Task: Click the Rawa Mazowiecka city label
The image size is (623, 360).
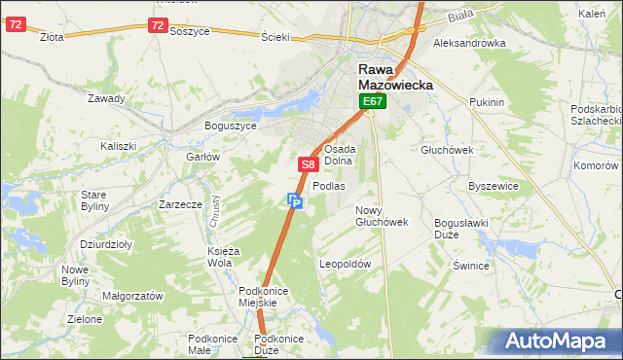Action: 395,77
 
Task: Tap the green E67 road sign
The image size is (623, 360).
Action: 373,101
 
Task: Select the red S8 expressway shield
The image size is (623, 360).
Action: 308,165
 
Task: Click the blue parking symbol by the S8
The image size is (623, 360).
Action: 295,201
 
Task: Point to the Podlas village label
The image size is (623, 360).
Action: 329,186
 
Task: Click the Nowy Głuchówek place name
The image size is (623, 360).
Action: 381,216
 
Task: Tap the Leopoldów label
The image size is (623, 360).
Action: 346,264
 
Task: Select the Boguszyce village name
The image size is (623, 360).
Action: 230,126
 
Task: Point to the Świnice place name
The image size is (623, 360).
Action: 470,265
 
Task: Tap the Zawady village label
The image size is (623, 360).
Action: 106,99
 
